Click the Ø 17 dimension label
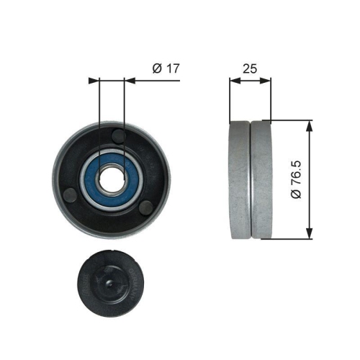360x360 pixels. pos(165,68)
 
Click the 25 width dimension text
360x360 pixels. pos(251,68)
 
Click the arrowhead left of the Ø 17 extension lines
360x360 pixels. pos(93,81)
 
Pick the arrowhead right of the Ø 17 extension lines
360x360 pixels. pos(130,81)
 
